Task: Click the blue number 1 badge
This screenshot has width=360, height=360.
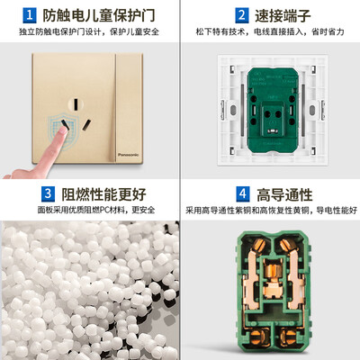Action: tap(30, 15)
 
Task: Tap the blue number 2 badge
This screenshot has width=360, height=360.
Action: tap(242, 15)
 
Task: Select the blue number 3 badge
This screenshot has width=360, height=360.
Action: tap(48, 193)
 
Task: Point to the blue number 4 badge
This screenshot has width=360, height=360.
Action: tap(243, 193)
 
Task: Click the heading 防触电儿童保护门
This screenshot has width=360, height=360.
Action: tap(99, 15)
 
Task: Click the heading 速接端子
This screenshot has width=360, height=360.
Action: tap(283, 15)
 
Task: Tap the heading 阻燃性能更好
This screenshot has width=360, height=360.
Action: tap(103, 194)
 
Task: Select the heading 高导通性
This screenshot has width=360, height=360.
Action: tap(284, 194)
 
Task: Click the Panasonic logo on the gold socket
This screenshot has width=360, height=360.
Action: tap(128, 155)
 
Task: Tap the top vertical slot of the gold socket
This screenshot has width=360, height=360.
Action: tap(76, 104)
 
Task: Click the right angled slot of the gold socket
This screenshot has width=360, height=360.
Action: tap(87, 125)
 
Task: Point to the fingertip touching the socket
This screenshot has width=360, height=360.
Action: tap(63, 130)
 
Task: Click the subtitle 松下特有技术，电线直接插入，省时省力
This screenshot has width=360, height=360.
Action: tap(270, 31)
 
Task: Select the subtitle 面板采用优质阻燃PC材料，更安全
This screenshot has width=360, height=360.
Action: tap(96, 210)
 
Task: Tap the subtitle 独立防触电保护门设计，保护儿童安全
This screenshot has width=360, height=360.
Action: tap(89, 31)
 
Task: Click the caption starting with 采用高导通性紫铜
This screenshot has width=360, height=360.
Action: tap(271, 210)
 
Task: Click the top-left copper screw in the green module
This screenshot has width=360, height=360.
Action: tap(259, 245)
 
